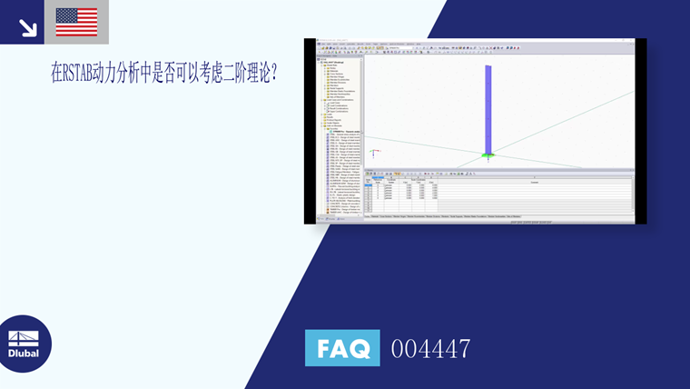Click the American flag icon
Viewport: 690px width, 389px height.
(76, 22)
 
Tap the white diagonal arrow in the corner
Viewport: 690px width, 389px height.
(27, 28)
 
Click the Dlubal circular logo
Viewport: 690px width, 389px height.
(25, 343)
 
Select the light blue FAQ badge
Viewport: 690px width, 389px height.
(342, 348)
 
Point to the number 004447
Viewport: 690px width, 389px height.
(430, 348)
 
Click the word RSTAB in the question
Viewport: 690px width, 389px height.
(84, 75)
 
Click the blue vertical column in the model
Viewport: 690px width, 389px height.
(488, 109)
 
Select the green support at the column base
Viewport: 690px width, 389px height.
(488, 155)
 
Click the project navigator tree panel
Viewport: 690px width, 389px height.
(338, 136)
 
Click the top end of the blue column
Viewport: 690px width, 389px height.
(488, 67)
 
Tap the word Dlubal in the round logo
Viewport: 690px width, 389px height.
(24, 353)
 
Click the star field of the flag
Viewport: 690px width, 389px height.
(65, 15)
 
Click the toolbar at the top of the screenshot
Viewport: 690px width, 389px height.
(472, 52)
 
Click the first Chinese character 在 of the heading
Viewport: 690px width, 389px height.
(57, 75)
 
